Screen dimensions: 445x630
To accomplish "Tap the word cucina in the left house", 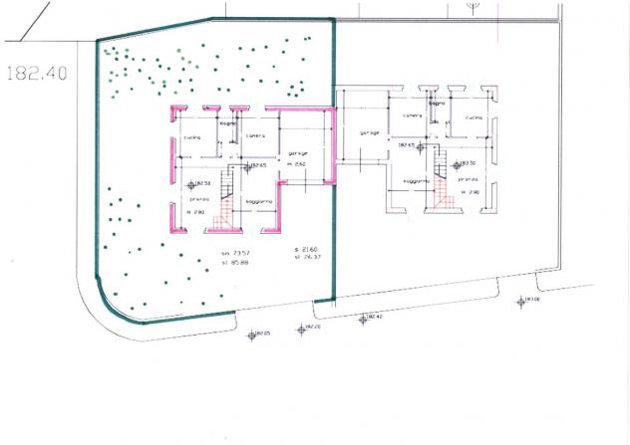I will click(x=192, y=136).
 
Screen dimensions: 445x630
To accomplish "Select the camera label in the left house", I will click(x=255, y=135).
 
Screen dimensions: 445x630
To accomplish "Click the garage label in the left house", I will click(x=298, y=152).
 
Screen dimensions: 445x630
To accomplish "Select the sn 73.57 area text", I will click(x=233, y=255).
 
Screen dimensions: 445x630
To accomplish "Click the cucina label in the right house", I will click(x=472, y=117).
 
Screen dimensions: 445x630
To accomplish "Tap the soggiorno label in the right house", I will click(x=416, y=181).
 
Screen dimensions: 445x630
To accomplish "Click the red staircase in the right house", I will click(x=443, y=195).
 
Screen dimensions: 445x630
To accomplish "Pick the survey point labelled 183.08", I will click(x=519, y=302).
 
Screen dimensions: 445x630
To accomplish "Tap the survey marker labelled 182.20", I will click(x=300, y=328).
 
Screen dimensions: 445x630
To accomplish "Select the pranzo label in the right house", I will click(x=470, y=180).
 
